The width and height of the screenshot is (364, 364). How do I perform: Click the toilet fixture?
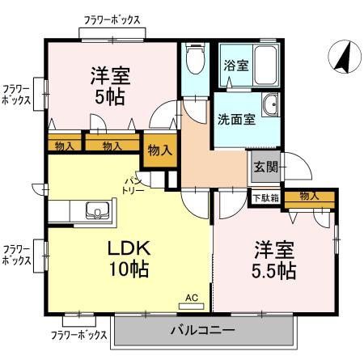196,59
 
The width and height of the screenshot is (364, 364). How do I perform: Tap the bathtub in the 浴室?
266,66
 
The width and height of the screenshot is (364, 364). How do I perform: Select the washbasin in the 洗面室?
270,105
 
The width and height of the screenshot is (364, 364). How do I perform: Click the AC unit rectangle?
192,307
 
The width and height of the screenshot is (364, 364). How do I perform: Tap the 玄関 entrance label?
266,167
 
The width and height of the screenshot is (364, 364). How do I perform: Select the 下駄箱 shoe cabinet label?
265,198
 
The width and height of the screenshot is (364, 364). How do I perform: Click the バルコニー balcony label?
202,330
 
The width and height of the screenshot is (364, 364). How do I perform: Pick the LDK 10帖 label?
129,259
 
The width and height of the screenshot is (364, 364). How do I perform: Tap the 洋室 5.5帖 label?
273,260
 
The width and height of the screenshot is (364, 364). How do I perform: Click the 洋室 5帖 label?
111,87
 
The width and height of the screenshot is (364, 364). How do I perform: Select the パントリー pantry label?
133,185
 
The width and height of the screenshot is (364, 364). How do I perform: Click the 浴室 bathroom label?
236,66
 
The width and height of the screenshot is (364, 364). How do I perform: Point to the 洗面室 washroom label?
236,120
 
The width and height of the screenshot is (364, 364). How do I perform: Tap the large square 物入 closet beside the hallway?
160,150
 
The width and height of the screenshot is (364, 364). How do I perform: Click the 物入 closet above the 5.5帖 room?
310,200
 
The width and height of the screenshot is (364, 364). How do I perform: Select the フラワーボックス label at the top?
112,20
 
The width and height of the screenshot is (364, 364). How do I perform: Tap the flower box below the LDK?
79,321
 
